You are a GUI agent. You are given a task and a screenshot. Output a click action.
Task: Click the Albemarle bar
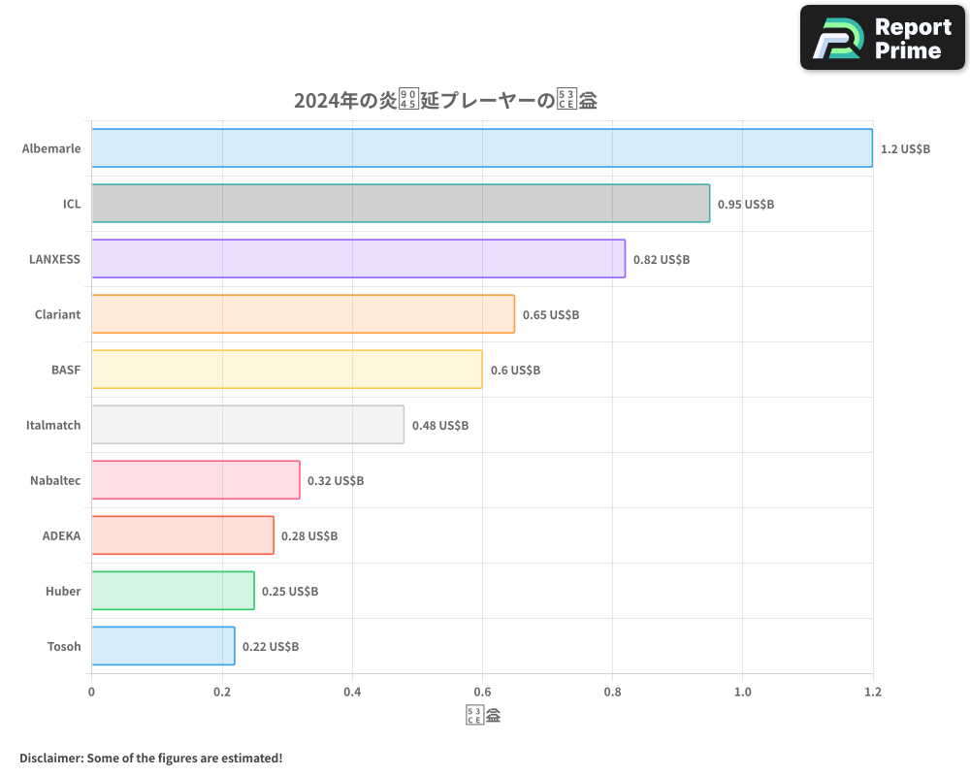click(x=482, y=148)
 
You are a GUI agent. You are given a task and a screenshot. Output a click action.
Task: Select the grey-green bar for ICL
click(x=401, y=204)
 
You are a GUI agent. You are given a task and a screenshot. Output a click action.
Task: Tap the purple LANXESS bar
click(x=358, y=259)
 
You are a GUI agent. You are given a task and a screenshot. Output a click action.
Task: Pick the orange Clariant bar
click(x=303, y=314)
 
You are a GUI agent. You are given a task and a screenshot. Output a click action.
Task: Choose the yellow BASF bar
click(x=287, y=370)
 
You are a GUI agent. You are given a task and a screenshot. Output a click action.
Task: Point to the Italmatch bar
click(x=247, y=425)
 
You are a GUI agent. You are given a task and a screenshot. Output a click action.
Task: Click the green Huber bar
click(x=173, y=591)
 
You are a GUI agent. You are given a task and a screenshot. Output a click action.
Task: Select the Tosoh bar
click(x=163, y=646)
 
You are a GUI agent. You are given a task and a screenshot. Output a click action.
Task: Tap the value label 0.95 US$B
click(x=746, y=205)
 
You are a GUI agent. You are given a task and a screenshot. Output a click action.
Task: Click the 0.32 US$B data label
click(x=336, y=481)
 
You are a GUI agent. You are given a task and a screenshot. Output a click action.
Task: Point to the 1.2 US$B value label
click(x=905, y=149)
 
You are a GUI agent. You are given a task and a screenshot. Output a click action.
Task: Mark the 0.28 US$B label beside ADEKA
click(x=309, y=536)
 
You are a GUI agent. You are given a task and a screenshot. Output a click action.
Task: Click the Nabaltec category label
click(x=55, y=480)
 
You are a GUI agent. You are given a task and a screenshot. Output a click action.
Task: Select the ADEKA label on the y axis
click(x=61, y=535)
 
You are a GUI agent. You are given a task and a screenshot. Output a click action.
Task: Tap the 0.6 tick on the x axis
click(x=482, y=693)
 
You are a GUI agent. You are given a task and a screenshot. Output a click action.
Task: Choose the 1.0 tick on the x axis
click(x=742, y=693)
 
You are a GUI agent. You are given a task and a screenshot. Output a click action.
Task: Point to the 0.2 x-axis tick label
click(x=222, y=693)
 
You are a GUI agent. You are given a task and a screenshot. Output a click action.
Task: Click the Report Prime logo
click(x=883, y=38)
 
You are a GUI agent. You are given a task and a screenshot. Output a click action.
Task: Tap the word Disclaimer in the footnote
click(x=50, y=758)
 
